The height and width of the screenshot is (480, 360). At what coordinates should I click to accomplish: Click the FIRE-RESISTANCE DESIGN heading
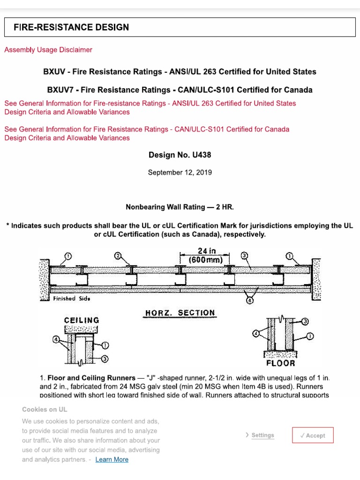click(x=71, y=27)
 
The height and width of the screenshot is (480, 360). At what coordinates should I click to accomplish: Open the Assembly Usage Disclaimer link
click(x=48, y=50)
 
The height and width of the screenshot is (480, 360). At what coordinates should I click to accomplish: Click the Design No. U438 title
click(x=180, y=155)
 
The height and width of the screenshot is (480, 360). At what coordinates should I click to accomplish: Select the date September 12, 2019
click(x=180, y=172)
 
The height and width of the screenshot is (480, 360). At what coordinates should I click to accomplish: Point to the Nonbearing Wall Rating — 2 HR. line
click(x=180, y=207)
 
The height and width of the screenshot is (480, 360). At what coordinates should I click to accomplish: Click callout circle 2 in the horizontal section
click(x=118, y=256)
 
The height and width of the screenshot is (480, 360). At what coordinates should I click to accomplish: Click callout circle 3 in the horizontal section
click(x=244, y=256)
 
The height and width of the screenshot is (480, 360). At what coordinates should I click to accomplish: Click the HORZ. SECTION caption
click(x=180, y=313)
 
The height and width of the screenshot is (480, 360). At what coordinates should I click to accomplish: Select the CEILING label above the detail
click(x=82, y=320)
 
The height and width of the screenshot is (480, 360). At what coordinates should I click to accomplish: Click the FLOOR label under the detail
click(x=281, y=363)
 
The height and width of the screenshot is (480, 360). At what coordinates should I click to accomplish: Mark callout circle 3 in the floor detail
click(x=305, y=321)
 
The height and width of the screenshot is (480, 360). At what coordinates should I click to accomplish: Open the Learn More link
click(x=112, y=459)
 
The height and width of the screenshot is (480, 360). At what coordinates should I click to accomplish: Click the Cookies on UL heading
click(x=45, y=409)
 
